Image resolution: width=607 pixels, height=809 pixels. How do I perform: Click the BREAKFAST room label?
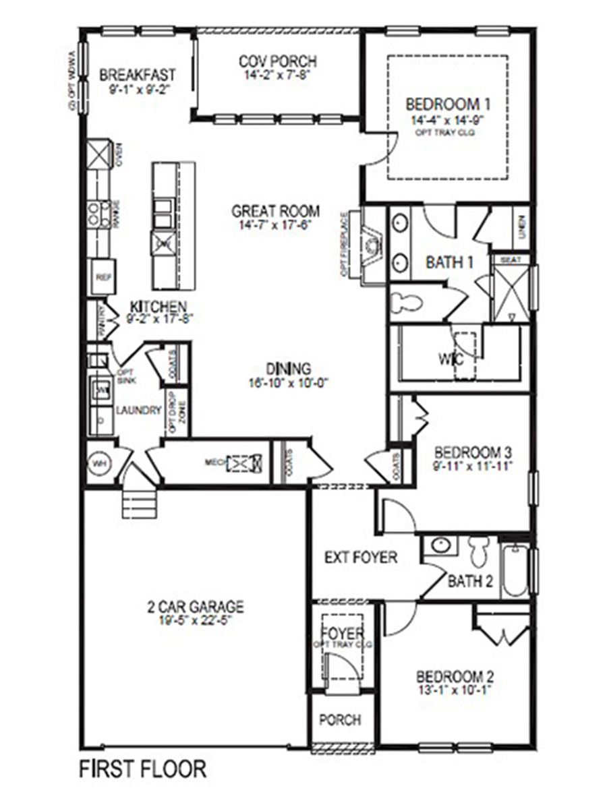138,73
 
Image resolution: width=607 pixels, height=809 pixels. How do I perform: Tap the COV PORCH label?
277,61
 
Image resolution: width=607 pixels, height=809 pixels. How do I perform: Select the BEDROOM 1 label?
448,104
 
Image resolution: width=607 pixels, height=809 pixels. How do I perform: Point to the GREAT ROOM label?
276,210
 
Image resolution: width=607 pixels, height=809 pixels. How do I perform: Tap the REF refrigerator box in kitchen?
102,276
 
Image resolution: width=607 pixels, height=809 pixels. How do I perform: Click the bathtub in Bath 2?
515,570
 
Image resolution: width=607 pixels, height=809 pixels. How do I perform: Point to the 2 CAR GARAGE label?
196,607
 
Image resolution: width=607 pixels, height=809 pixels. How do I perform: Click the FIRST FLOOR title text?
143,768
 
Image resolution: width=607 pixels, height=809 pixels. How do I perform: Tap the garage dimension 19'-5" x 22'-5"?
196,620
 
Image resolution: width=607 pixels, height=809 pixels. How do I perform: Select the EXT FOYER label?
361,558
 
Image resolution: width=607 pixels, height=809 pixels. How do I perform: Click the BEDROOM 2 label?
450,676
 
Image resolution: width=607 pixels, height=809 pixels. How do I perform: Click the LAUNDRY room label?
139,411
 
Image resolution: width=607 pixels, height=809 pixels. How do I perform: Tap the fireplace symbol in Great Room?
370,247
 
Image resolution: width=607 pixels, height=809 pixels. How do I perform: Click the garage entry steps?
132,500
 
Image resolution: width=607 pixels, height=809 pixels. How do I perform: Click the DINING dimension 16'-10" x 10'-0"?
288,382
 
